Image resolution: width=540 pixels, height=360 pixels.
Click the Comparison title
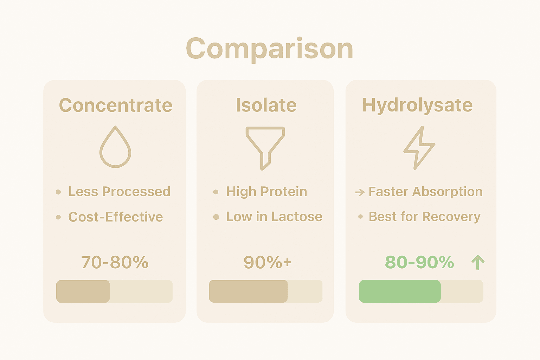pos(269,49)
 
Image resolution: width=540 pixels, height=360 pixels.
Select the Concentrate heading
pos(116,105)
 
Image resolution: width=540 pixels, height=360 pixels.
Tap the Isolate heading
pos(266,105)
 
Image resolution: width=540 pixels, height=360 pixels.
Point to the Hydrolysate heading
pos(417,105)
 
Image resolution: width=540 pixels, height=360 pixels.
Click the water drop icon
pos(115,148)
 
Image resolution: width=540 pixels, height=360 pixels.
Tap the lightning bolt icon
pos(419,148)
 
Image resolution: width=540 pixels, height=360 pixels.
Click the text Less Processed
pos(119,192)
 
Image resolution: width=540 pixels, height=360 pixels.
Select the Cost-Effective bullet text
pos(116,217)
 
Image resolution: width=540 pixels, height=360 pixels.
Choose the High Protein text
pos(266,192)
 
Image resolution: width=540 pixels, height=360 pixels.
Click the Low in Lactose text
pos(274,217)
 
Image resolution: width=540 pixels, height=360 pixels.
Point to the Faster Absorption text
pos(425,192)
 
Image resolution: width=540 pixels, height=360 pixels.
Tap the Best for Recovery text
pos(424,217)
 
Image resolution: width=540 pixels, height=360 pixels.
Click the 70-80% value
pos(115,262)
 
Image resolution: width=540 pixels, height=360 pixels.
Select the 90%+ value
pos(268,262)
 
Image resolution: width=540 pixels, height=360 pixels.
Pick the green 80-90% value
pos(419,262)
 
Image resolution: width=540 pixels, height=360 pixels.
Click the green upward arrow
pos(478,263)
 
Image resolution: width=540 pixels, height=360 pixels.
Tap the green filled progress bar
pos(400,291)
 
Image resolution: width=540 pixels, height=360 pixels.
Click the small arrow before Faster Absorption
pos(360,192)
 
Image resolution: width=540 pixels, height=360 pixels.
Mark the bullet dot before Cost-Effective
pos(58,217)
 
